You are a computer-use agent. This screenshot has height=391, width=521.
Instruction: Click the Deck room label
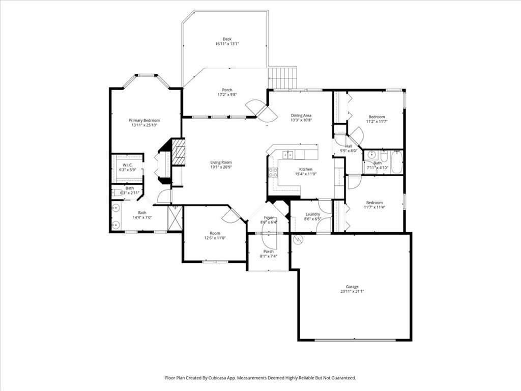point(227,39)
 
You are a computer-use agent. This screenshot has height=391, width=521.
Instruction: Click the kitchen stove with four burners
point(273,172)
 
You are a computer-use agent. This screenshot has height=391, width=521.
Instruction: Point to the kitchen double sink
point(288,155)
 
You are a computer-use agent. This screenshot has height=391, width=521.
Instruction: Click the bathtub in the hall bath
point(397,162)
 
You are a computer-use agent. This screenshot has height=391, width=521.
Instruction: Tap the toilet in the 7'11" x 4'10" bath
point(370,155)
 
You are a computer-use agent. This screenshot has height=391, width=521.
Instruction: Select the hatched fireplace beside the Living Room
point(178,152)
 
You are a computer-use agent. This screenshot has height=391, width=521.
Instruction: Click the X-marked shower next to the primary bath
point(175,218)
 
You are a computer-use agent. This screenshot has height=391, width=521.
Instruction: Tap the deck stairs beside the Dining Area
point(282,77)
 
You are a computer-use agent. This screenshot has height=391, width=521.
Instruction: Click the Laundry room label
point(312,214)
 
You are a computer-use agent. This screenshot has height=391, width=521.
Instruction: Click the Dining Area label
point(301,116)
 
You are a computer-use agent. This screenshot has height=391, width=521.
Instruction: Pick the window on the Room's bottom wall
point(214,262)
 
